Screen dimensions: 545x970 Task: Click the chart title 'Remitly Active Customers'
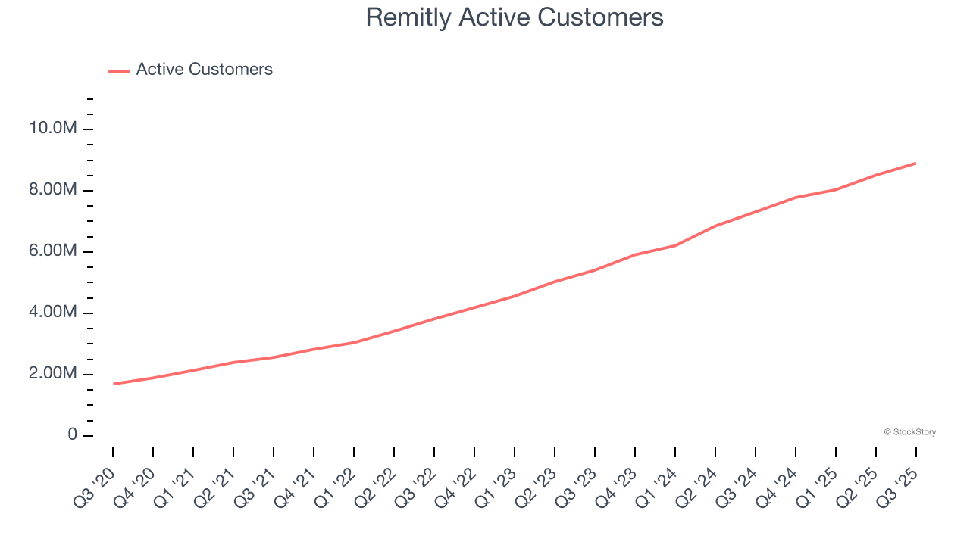pos(515,17)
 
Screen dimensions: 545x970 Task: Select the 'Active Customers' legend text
pos(204,70)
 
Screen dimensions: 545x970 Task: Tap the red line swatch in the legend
pos(119,70)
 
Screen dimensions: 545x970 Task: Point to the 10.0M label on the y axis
pos(53,128)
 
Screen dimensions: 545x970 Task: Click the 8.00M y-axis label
pos(53,189)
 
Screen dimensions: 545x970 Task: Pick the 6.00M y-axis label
pos(53,251)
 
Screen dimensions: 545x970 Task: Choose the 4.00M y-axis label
pos(53,312)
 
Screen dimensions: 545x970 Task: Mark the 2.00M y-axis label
pos(53,374)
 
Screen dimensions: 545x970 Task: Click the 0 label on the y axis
pos(72,435)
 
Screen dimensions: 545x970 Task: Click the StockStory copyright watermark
pos(909,432)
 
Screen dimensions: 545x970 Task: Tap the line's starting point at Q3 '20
pos(114,384)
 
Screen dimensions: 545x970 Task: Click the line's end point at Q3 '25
pos(915,163)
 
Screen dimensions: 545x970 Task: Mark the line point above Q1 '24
pos(674,245)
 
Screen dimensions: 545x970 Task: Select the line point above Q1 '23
pos(515,296)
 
